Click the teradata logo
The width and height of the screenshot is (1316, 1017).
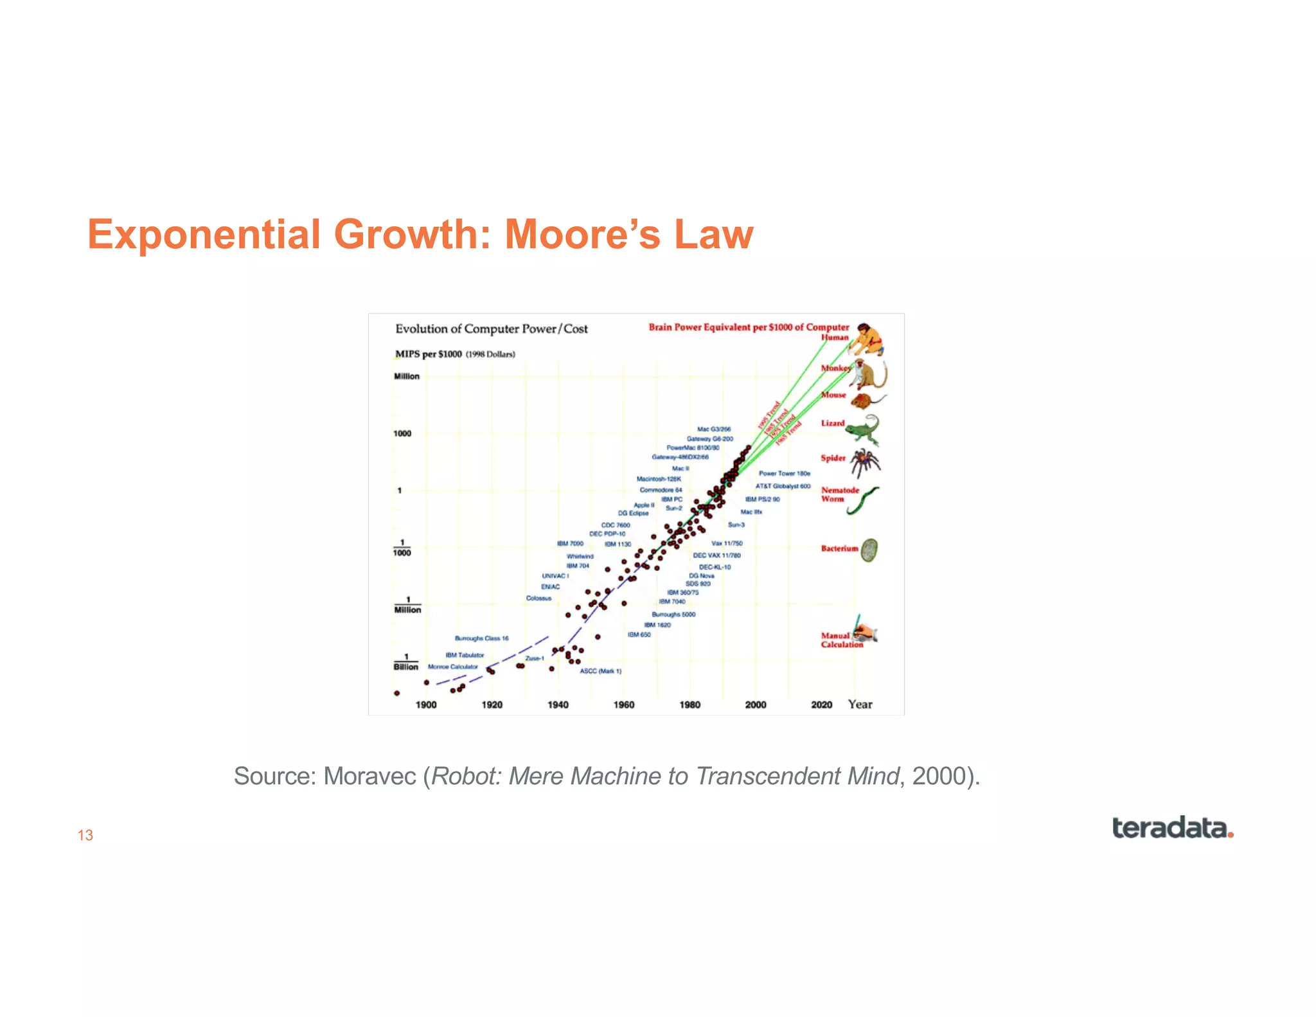coord(1172,828)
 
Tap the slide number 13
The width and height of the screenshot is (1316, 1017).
coord(85,835)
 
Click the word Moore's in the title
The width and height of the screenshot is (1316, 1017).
coord(582,234)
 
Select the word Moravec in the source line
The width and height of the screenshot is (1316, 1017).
coord(369,776)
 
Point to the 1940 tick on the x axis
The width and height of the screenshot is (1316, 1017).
coord(558,705)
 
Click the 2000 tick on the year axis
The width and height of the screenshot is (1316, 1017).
coord(756,705)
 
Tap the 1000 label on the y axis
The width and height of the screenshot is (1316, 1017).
coord(402,433)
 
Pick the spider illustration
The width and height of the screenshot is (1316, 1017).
coord(866,460)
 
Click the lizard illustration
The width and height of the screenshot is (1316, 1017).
coord(863,429)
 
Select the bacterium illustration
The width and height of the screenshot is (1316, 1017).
coord(869,550)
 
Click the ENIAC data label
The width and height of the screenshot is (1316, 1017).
coord(550,586)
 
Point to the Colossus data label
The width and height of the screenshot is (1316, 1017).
coord(538,598)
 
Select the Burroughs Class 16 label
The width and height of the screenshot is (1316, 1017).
coord(481,638)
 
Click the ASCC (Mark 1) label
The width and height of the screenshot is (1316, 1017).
coord(600,670)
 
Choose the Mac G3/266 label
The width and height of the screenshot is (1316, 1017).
coord(713,429)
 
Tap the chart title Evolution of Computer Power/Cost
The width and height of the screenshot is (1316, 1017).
coord(491,329)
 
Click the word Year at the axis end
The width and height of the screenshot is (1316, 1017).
coord(860,705)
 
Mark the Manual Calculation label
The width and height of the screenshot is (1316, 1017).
coord(840,640)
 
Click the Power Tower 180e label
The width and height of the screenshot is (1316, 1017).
coord(784,473)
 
